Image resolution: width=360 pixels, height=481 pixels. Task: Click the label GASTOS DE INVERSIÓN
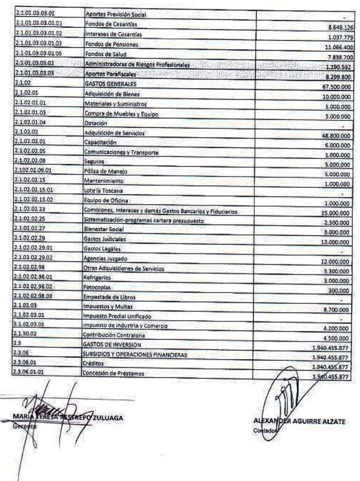pyautogui.click(x=110, y=344)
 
